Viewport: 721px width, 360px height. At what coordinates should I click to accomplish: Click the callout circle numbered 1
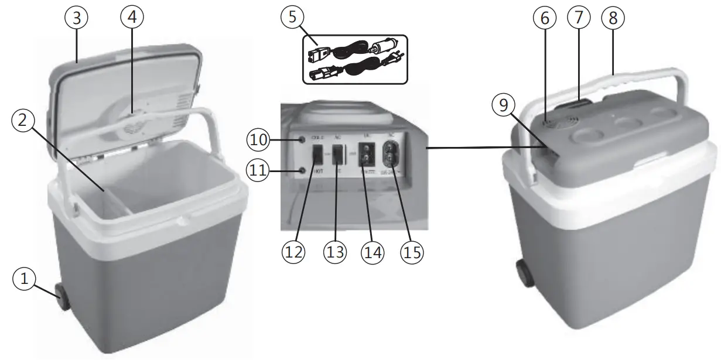click(x=24, y=280)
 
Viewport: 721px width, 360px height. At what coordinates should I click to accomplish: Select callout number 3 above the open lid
click(x=76, y=18)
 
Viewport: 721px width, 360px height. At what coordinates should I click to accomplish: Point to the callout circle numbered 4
click(x=132, y=18)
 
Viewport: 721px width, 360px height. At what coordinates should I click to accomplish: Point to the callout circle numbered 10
click(x=258, y=140)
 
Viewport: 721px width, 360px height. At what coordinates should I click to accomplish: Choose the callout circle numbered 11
click(x=258, y=172)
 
